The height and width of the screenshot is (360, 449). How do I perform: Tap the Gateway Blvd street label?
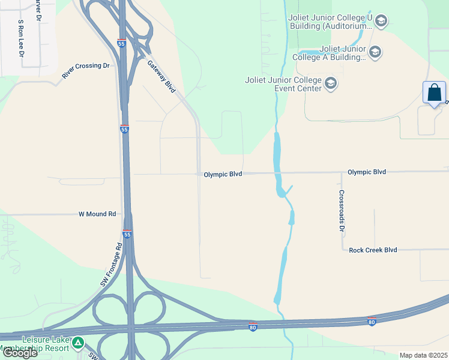161,76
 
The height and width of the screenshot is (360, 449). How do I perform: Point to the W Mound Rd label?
97,214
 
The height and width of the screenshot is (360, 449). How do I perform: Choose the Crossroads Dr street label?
342,211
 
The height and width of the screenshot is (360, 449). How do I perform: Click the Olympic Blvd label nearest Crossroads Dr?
367,172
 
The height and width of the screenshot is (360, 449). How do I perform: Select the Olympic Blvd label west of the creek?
223,175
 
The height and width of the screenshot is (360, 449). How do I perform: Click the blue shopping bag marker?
434,93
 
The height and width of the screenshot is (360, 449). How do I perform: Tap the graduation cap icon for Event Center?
331,83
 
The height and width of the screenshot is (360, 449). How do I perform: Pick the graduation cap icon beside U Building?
381,22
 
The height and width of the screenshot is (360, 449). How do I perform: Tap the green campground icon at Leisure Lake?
78,344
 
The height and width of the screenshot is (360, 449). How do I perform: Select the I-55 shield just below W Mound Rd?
127,235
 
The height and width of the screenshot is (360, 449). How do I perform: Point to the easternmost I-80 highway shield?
372,322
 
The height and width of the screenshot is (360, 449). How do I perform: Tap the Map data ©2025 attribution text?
423,355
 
